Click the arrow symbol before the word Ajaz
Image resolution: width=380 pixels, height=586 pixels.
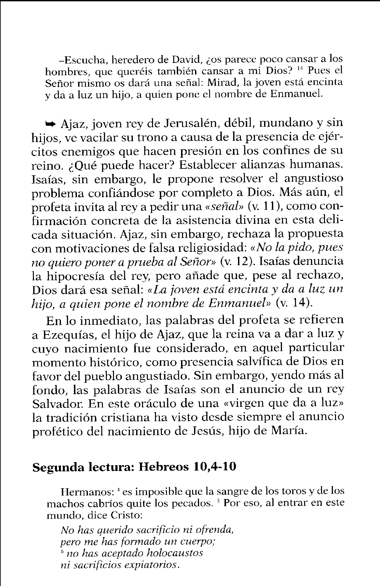[x=51, y=124]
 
